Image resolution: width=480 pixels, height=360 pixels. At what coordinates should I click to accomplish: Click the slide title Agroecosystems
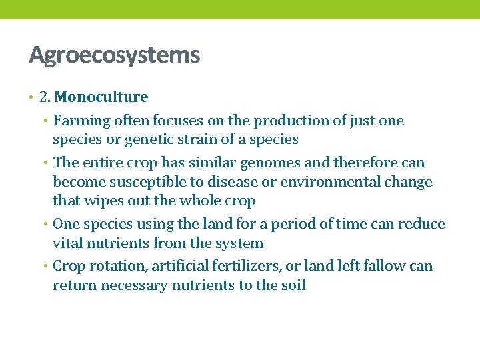click(114, 55)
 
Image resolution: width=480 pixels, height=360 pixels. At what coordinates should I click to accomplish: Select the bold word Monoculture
click(101, 97)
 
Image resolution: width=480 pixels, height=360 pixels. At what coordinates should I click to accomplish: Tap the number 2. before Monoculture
click(45, 97)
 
